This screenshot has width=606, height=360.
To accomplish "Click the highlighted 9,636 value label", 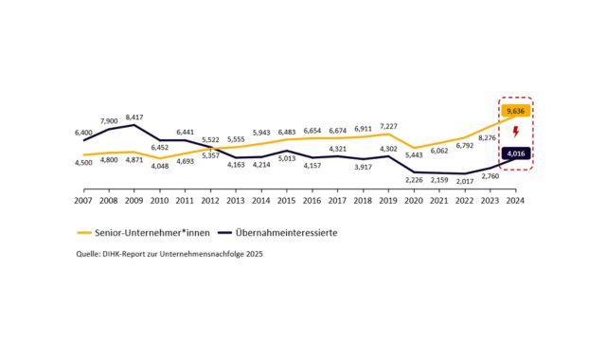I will [515, 110].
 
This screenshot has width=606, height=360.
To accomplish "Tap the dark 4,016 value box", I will [515, 153].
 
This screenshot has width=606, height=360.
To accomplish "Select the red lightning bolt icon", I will [515, 132].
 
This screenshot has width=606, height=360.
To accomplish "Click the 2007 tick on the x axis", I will [83, 201].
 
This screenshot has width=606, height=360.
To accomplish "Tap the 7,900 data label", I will [109, 120].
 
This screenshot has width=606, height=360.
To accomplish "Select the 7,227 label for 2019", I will [388, 126].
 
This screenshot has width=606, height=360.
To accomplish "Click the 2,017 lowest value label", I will [465, 182].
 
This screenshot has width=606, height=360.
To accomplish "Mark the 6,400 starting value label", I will [83, 132].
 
